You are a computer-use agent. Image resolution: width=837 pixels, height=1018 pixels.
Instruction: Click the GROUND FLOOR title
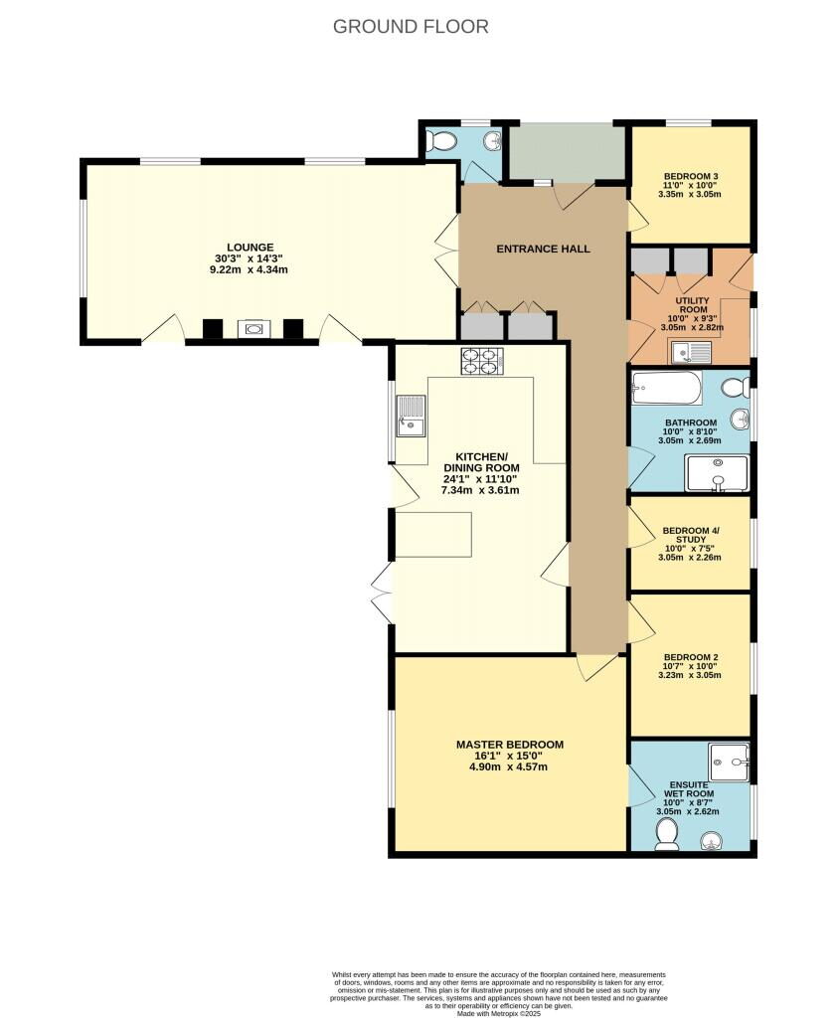(411, 27)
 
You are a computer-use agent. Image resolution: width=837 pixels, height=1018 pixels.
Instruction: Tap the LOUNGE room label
(250, 248)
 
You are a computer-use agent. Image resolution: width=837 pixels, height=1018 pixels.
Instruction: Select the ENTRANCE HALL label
(543, 249)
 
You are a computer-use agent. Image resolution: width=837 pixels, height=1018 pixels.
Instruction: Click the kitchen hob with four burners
(482, 361)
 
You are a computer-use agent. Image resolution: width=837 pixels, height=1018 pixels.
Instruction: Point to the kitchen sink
(411, 416)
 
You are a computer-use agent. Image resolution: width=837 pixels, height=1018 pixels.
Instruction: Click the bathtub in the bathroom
(667, 388)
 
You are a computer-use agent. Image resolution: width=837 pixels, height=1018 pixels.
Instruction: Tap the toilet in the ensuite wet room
(666, 833)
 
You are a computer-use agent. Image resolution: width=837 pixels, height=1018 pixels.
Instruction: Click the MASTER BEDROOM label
(510, 745)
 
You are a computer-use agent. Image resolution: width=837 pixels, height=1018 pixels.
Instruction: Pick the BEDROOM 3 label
(690, 176)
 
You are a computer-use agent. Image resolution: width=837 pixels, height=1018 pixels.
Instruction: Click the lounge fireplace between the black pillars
(252, 328)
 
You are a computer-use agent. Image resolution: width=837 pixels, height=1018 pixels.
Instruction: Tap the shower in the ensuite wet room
(730, 763)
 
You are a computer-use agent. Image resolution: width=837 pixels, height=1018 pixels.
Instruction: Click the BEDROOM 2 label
(690, 657)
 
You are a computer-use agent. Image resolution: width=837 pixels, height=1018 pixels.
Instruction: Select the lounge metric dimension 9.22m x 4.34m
(249, 269)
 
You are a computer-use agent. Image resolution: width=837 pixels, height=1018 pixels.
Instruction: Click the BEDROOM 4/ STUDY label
(690, 535)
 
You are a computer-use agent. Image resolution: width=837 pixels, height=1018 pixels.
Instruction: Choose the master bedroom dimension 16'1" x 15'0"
(508, 756)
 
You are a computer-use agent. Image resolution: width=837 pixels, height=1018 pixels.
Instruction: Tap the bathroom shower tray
(717, 473)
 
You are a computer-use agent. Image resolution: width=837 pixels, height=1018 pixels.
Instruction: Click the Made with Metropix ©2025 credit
(498, 1013)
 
